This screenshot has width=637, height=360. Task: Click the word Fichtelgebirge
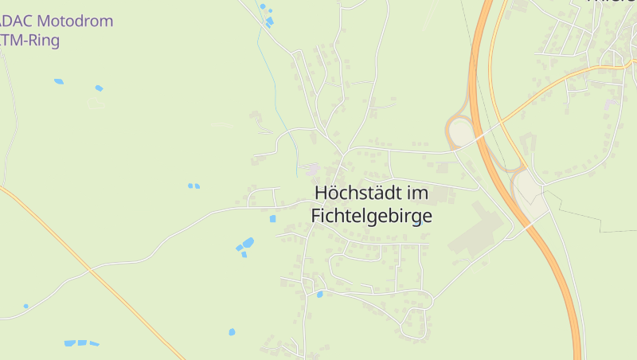coord(371,215)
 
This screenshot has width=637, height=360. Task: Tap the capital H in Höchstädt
coord(322,193)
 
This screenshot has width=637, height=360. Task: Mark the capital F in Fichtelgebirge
coord(315,215)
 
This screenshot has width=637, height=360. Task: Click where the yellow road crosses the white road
coord(91,271)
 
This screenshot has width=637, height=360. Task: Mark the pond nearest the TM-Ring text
coord(58,81)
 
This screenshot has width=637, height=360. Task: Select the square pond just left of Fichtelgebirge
coord(272,218)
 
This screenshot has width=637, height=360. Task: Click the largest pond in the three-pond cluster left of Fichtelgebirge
coord(248,242)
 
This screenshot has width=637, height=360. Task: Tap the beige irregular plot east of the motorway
coord(530,195)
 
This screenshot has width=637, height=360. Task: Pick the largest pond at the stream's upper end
coord(269,20)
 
